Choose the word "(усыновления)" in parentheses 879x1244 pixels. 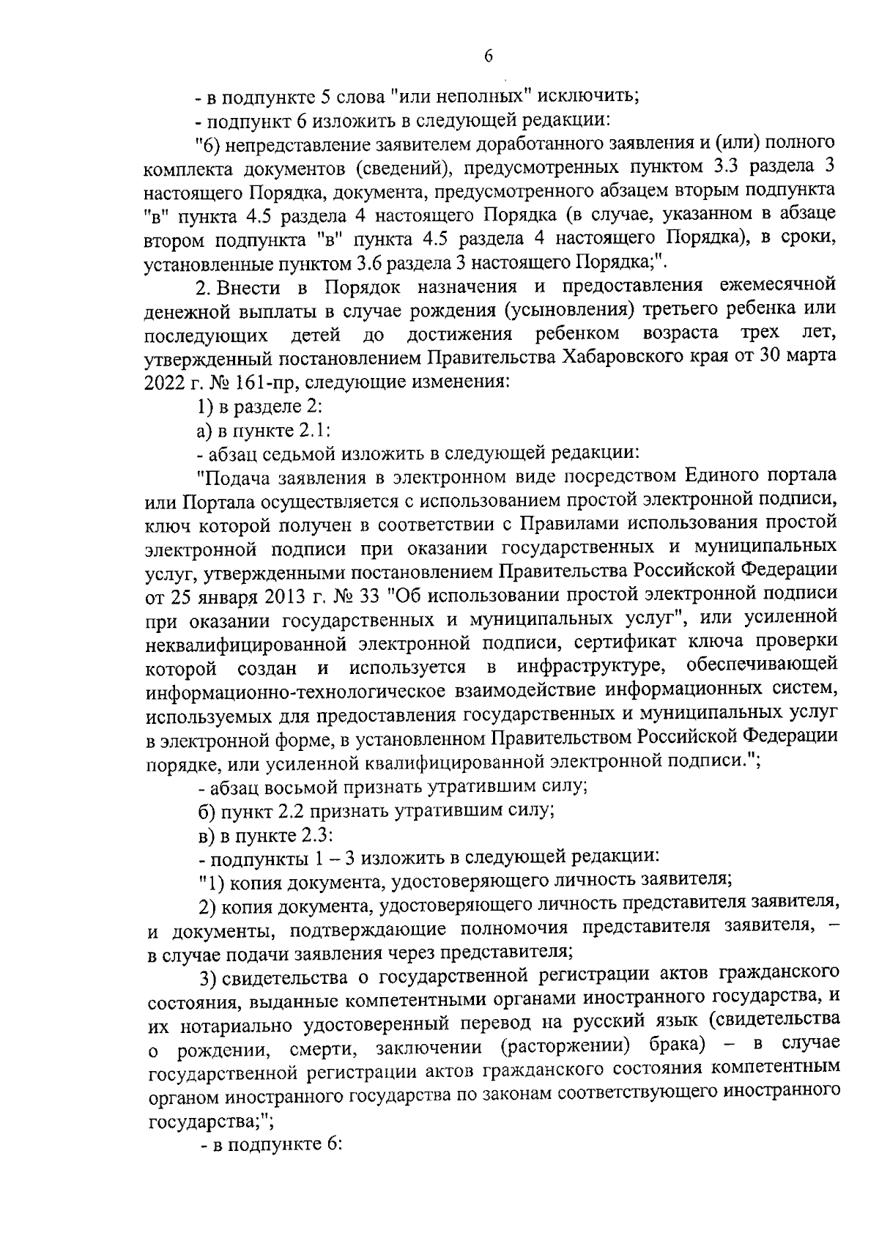click(x=568, y=309)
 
